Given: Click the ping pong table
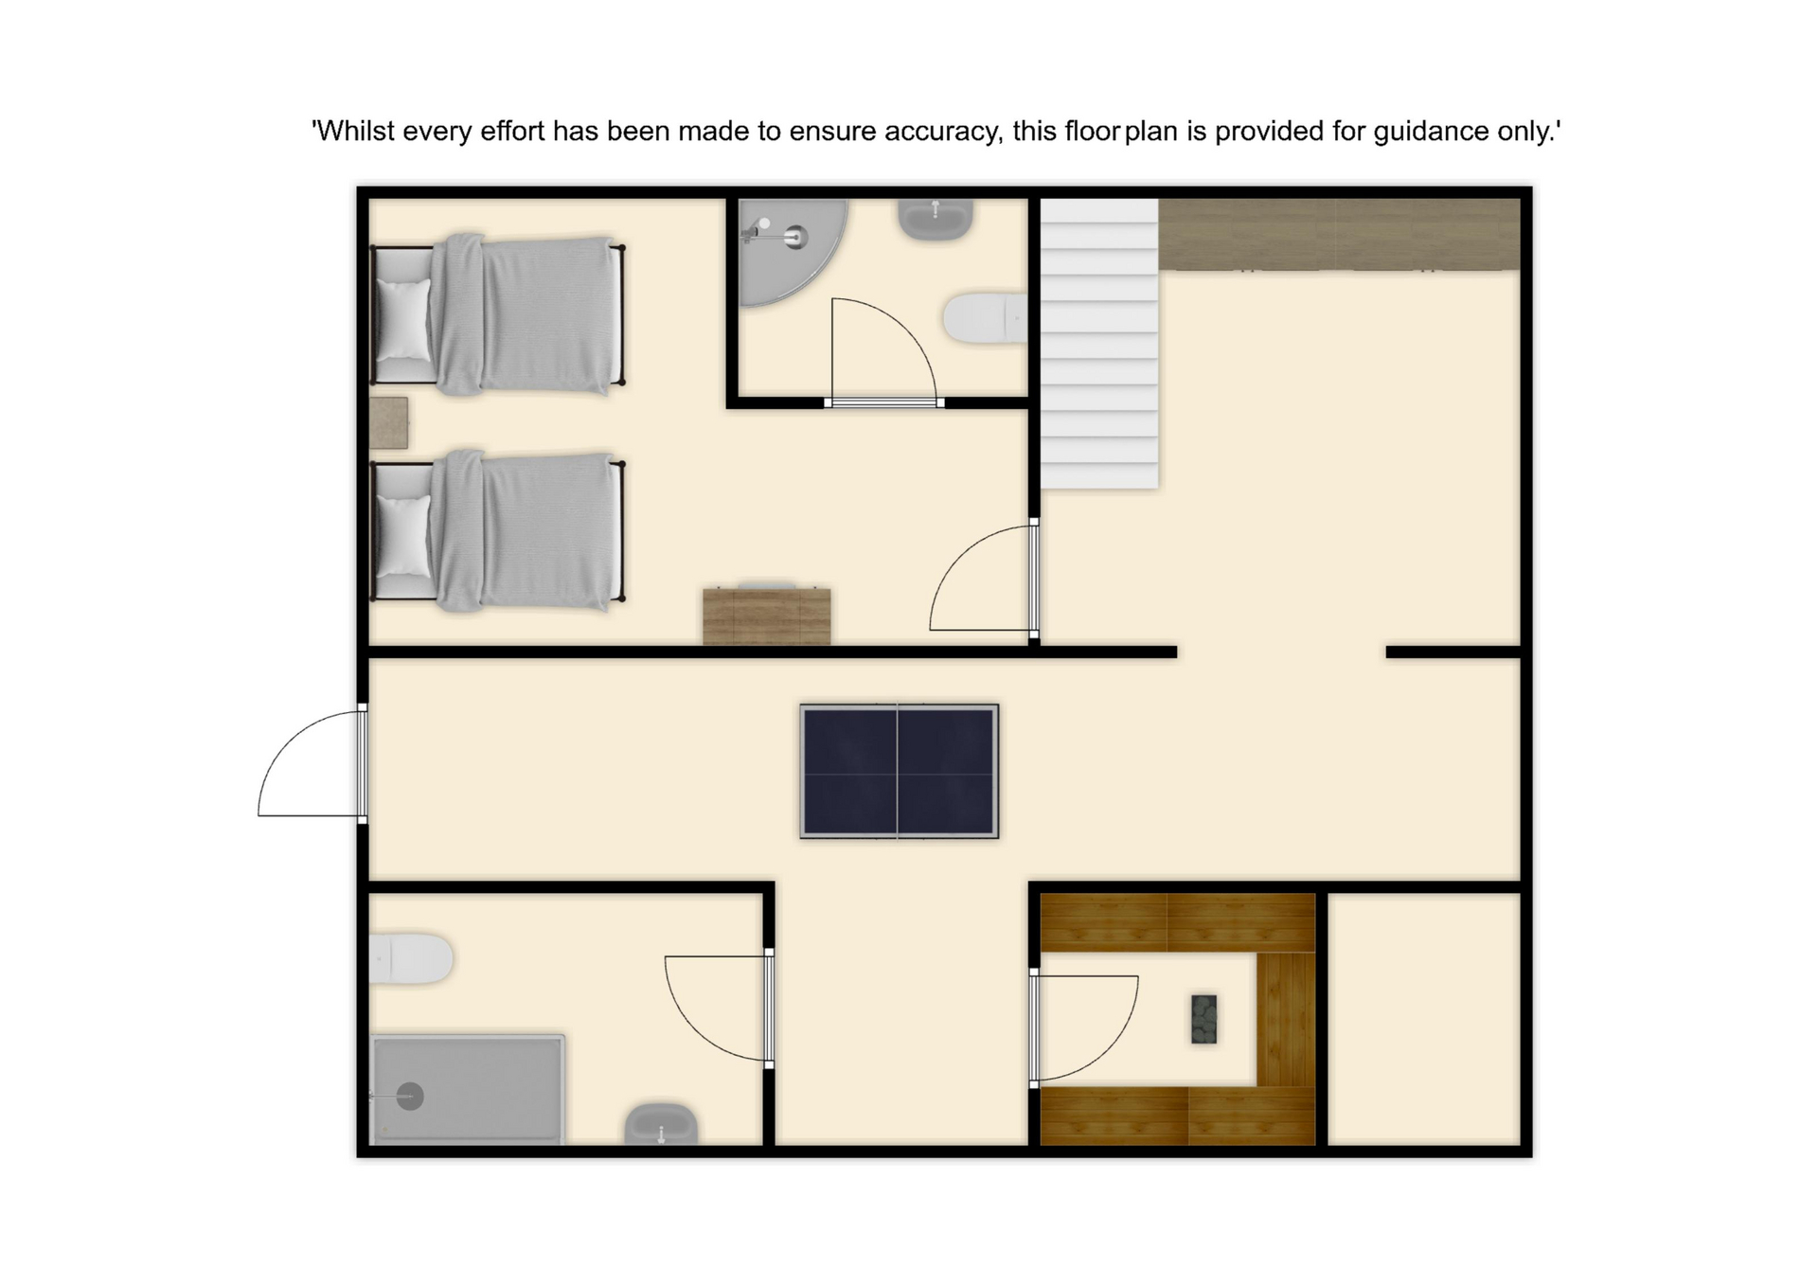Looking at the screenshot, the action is [x=899, y=771].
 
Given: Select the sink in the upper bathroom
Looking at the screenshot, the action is [x=935, y=219].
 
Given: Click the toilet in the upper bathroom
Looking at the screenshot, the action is [x=986, y=317].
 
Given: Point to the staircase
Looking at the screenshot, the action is [x=1099, y=344].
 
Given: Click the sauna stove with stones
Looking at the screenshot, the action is [x=1203, y=1019].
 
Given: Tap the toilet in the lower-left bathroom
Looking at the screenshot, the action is [x=410, y=958].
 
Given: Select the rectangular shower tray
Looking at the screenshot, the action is [x=468, y=1090].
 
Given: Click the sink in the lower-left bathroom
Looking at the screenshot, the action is [x=661, y=1124].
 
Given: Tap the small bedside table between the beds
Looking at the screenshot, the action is [x=388, y=422].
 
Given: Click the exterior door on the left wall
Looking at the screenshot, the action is [x=312, y=763].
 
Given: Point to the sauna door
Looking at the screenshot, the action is [x=1084, y=1027].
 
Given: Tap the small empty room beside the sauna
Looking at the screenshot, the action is [x=1424, y=1019].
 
